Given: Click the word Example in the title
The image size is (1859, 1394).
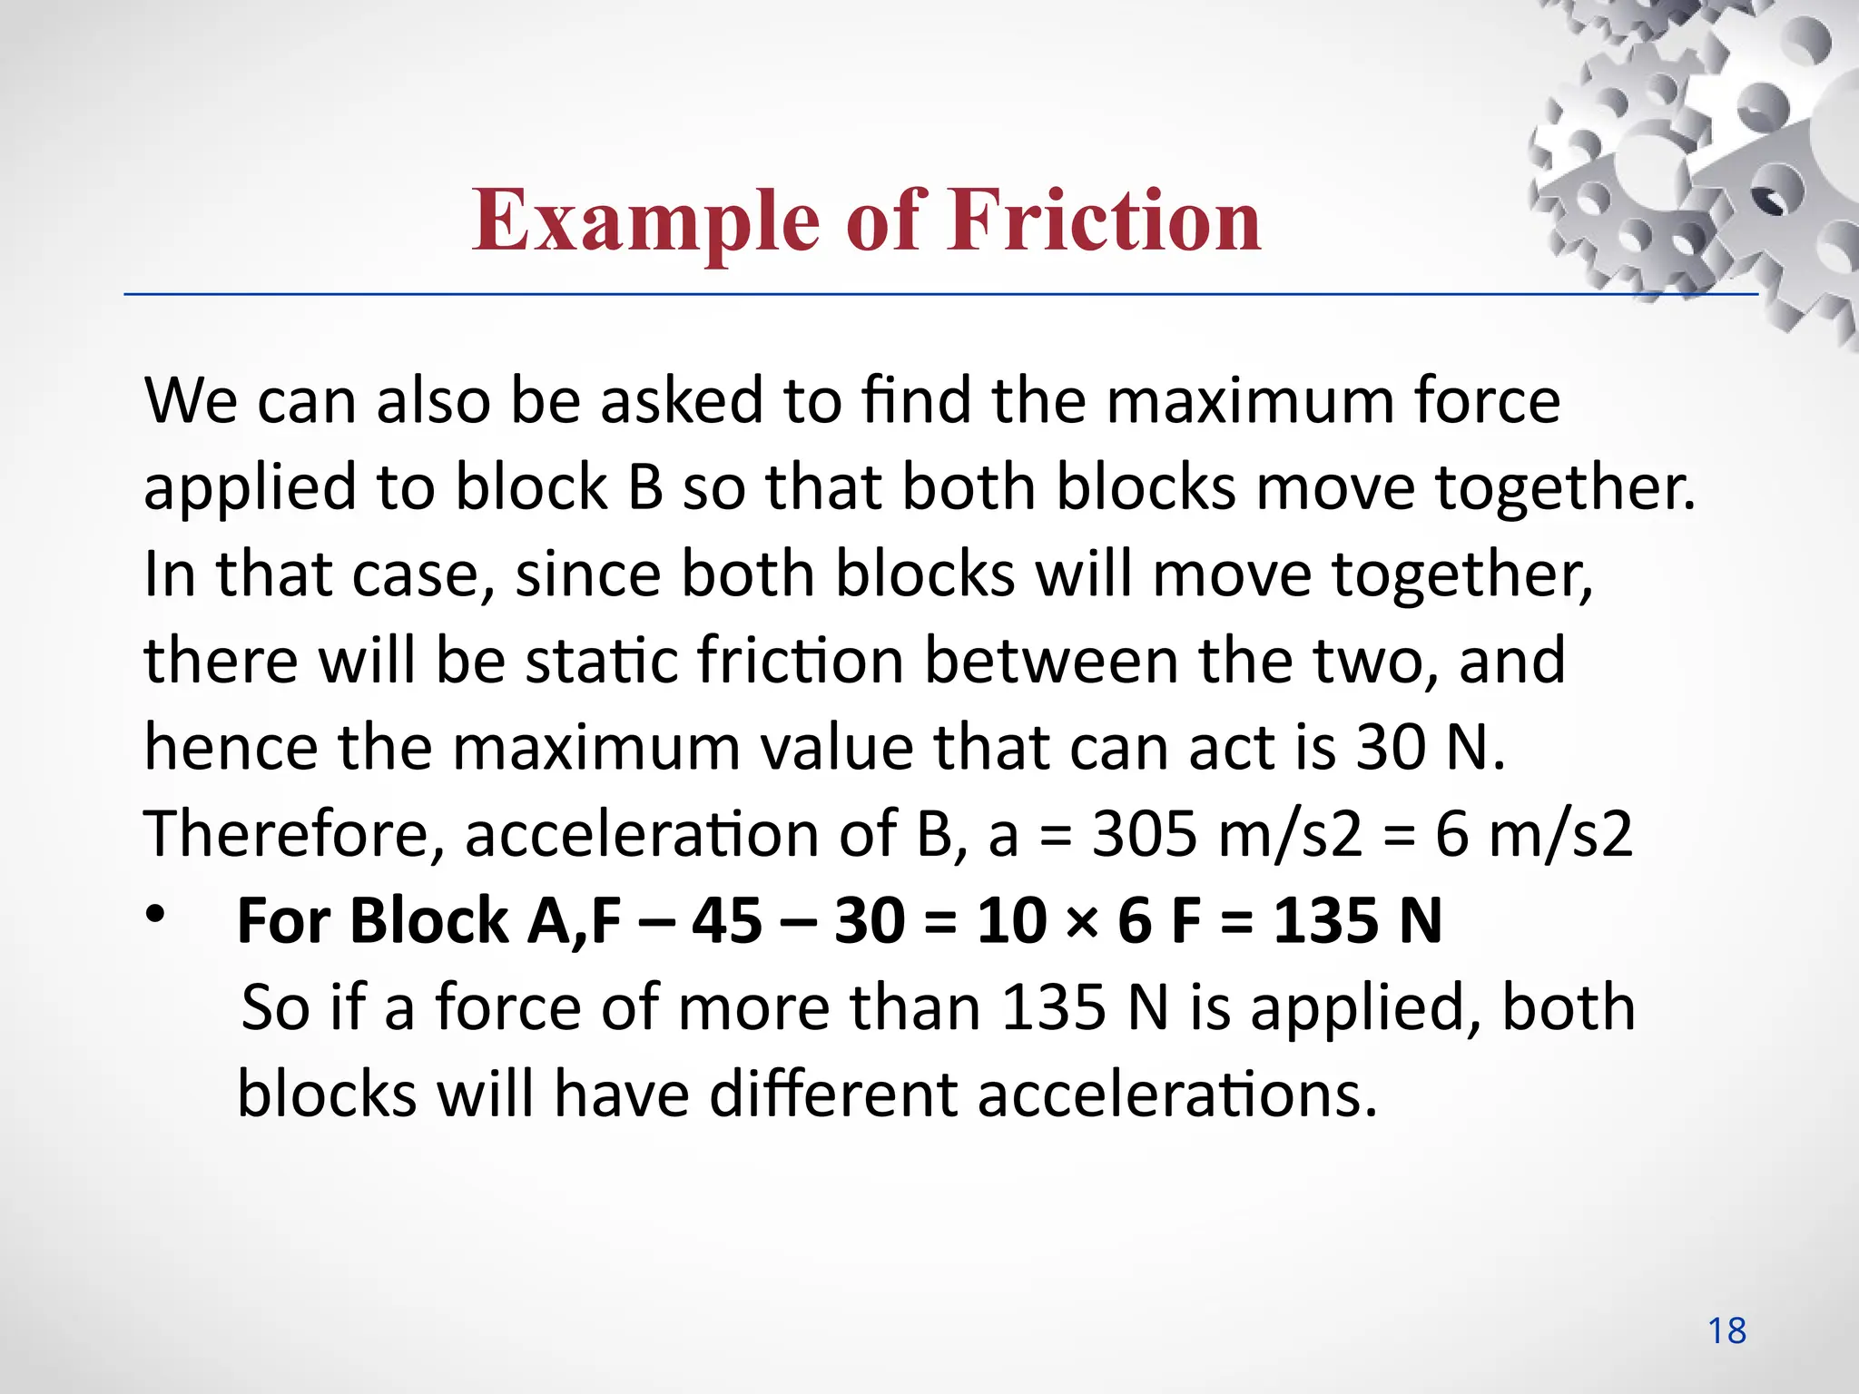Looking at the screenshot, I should pyautogui.click(x=645, y=221).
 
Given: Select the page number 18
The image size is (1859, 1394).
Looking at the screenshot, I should pyautogui.click(x=1726, y=1330).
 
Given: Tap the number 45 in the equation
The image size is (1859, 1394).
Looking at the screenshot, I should pyautogui.click(x=727, y=920).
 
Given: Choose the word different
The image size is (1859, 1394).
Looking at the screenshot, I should pyautogui.click(x=832, y=1094).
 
